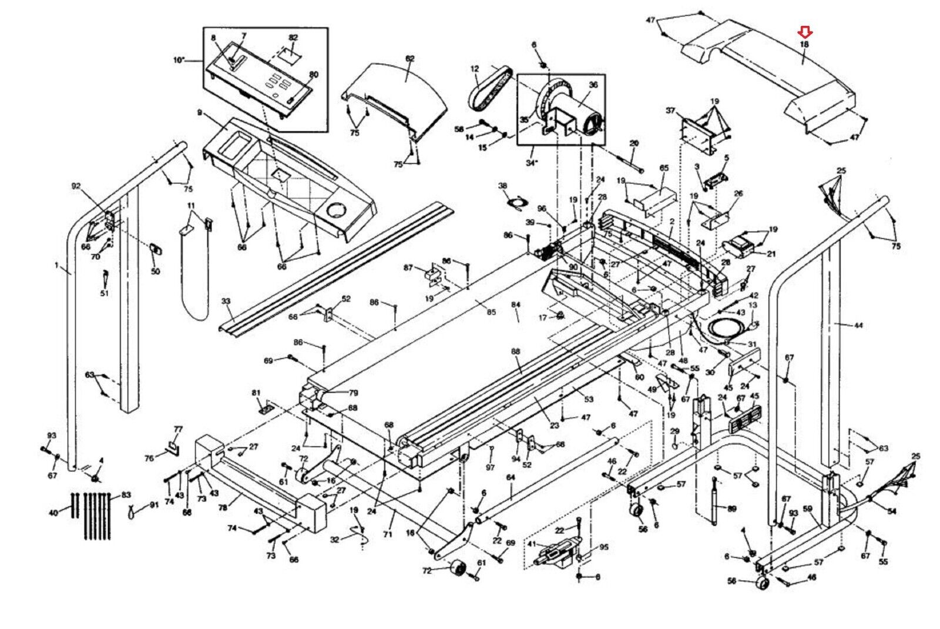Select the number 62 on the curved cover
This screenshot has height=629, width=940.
tap(409, 59)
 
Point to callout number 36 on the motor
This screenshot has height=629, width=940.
tap(593, 85)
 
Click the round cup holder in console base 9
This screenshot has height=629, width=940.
tap(337, 210)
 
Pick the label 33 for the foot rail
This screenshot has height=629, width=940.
tap(226, 302)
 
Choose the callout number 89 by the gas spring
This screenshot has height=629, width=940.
tap(731, 509)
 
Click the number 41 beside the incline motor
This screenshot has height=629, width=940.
tap(531, 545)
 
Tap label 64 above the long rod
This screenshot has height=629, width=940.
tap(510, 479)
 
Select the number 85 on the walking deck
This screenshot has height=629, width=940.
tap(491, 312)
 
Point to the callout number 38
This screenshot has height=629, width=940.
tap(503, 186)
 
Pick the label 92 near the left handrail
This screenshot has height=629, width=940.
tap(76, 186)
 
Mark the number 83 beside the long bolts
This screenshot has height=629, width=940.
tap(126, 496)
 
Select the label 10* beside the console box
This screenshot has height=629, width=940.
tap(179, 61)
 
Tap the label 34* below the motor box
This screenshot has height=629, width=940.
tap(532, 163)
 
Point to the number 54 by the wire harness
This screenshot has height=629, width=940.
tap(892, 511)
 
